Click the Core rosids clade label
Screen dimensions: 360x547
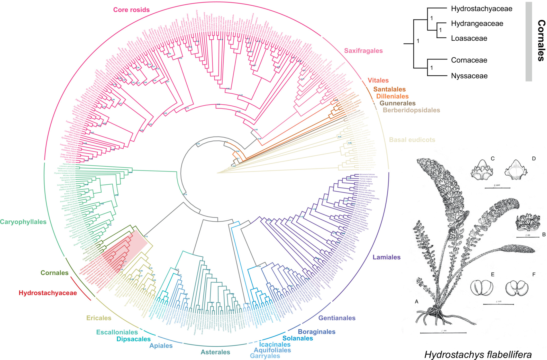coord(131,10)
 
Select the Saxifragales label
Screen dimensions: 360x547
coord(363,51)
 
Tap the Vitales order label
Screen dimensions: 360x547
coord(378,80)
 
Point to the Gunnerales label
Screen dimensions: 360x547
coord(397,103)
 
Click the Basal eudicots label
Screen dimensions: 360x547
coord(412,140)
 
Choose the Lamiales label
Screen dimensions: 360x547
coord(386,257)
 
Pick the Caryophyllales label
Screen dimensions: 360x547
coord(23,222)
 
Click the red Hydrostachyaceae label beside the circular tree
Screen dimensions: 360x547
coord(48,293)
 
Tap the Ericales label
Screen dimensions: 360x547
coord(99,318)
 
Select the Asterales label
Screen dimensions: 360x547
coord(215,352)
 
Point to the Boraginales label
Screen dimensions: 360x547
coord(316,332)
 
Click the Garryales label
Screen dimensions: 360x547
coord(265,356)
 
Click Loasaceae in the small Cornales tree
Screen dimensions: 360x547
coord(469,38)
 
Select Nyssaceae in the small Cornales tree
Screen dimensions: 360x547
coord(469,76)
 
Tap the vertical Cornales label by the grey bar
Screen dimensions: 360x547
coord(541,41)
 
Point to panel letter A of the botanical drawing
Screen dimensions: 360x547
coord(417,301)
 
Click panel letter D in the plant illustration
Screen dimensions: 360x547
coord(534,159)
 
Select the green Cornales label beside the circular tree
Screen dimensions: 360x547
coord(54,273)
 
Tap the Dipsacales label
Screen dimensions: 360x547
coord(133,339)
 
